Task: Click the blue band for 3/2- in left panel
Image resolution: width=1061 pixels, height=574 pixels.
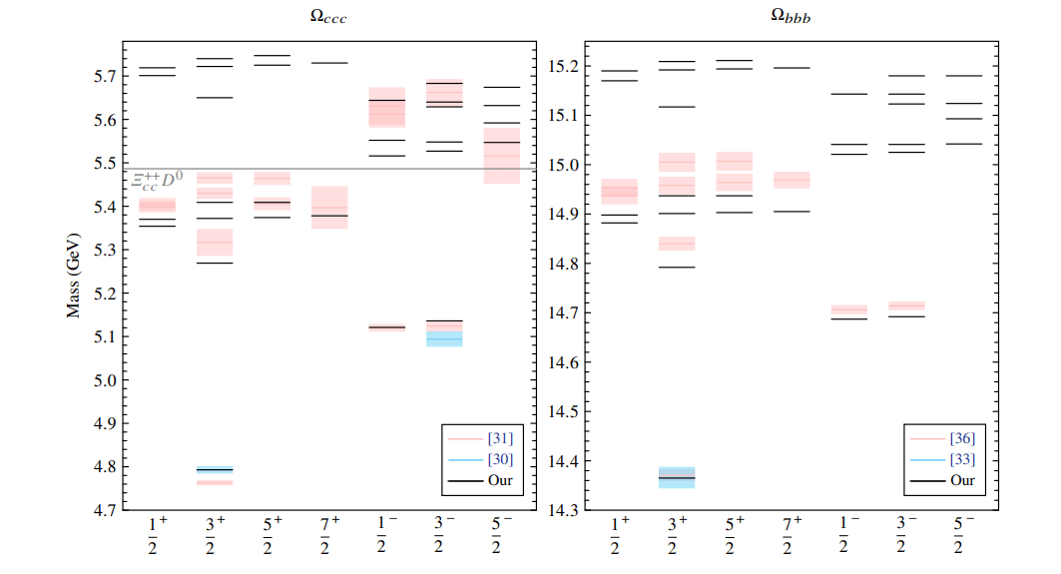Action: coord(444,339)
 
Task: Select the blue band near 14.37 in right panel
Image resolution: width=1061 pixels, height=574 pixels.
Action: coord(674,477)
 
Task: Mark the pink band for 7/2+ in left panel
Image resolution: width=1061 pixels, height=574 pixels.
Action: coord(329,207)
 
